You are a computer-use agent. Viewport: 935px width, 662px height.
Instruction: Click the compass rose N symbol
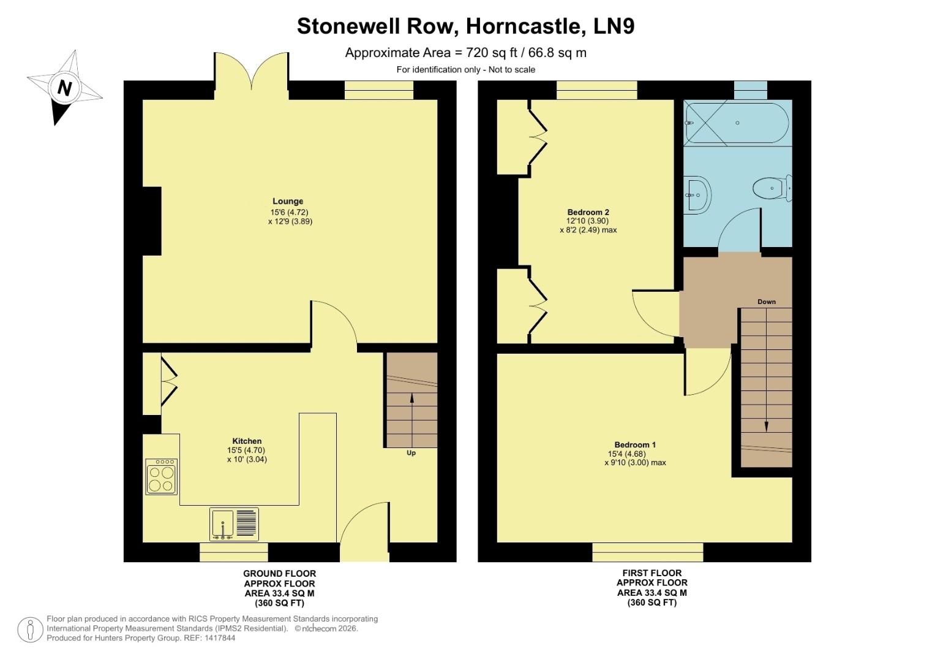tap(64, 88)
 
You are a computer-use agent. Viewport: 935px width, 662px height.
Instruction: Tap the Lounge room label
tap(288, 201)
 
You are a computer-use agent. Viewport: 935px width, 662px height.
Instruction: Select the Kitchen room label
tap(247, 441)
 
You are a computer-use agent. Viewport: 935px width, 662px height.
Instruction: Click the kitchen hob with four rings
tap(162, 477)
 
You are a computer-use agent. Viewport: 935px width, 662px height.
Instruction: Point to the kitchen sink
tap(223, 524)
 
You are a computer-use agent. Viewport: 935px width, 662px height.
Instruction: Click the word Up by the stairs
tap(411, 453)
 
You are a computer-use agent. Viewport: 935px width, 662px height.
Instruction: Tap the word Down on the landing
tap(766, 302)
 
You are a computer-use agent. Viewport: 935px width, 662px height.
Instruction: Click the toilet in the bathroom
tap(773, 188)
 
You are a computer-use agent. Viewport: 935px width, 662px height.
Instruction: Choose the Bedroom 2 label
tap(588, 212)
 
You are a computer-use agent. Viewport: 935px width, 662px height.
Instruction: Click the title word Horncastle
tap(524, 26)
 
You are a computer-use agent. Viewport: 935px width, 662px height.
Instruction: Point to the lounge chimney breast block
tap(152, 221)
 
